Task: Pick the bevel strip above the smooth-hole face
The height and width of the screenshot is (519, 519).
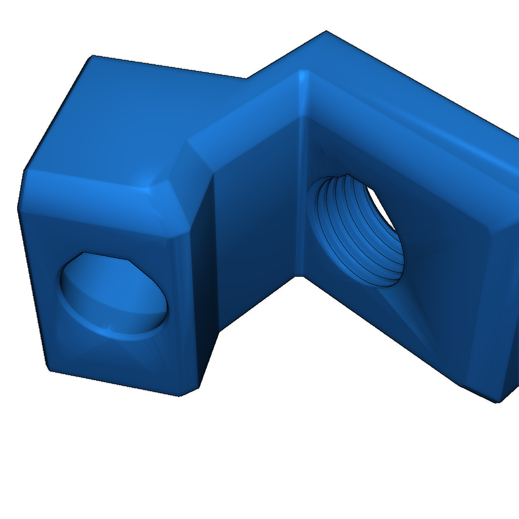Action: click(91, 190)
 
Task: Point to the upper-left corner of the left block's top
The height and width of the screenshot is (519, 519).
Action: click(92, 56)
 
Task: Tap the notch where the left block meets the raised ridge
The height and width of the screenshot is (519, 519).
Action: click(247, 79)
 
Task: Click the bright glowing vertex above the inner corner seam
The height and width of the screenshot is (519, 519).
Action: click(303, 76)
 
